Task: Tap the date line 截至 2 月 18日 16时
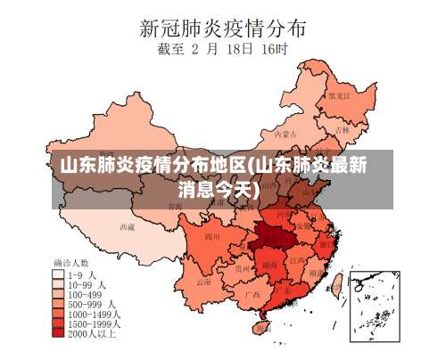click(224, 51)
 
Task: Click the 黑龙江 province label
click(338, 95)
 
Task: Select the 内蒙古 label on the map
click(284, 135)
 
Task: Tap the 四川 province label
click(211, 237)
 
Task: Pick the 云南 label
click(204, 281)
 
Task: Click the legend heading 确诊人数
click(70, 265)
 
